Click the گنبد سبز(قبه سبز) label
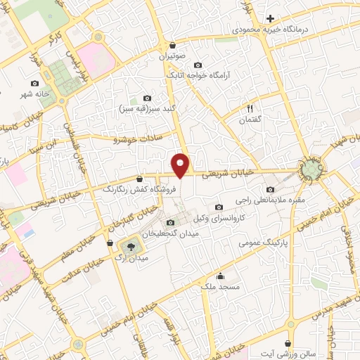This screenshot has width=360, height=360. (147, 110)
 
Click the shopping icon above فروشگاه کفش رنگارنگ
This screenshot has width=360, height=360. (140, 178)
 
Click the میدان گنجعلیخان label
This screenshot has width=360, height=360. (167, 233)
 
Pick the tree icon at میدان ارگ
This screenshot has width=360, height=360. (129, 246)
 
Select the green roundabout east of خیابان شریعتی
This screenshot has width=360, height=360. (310, 169)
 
